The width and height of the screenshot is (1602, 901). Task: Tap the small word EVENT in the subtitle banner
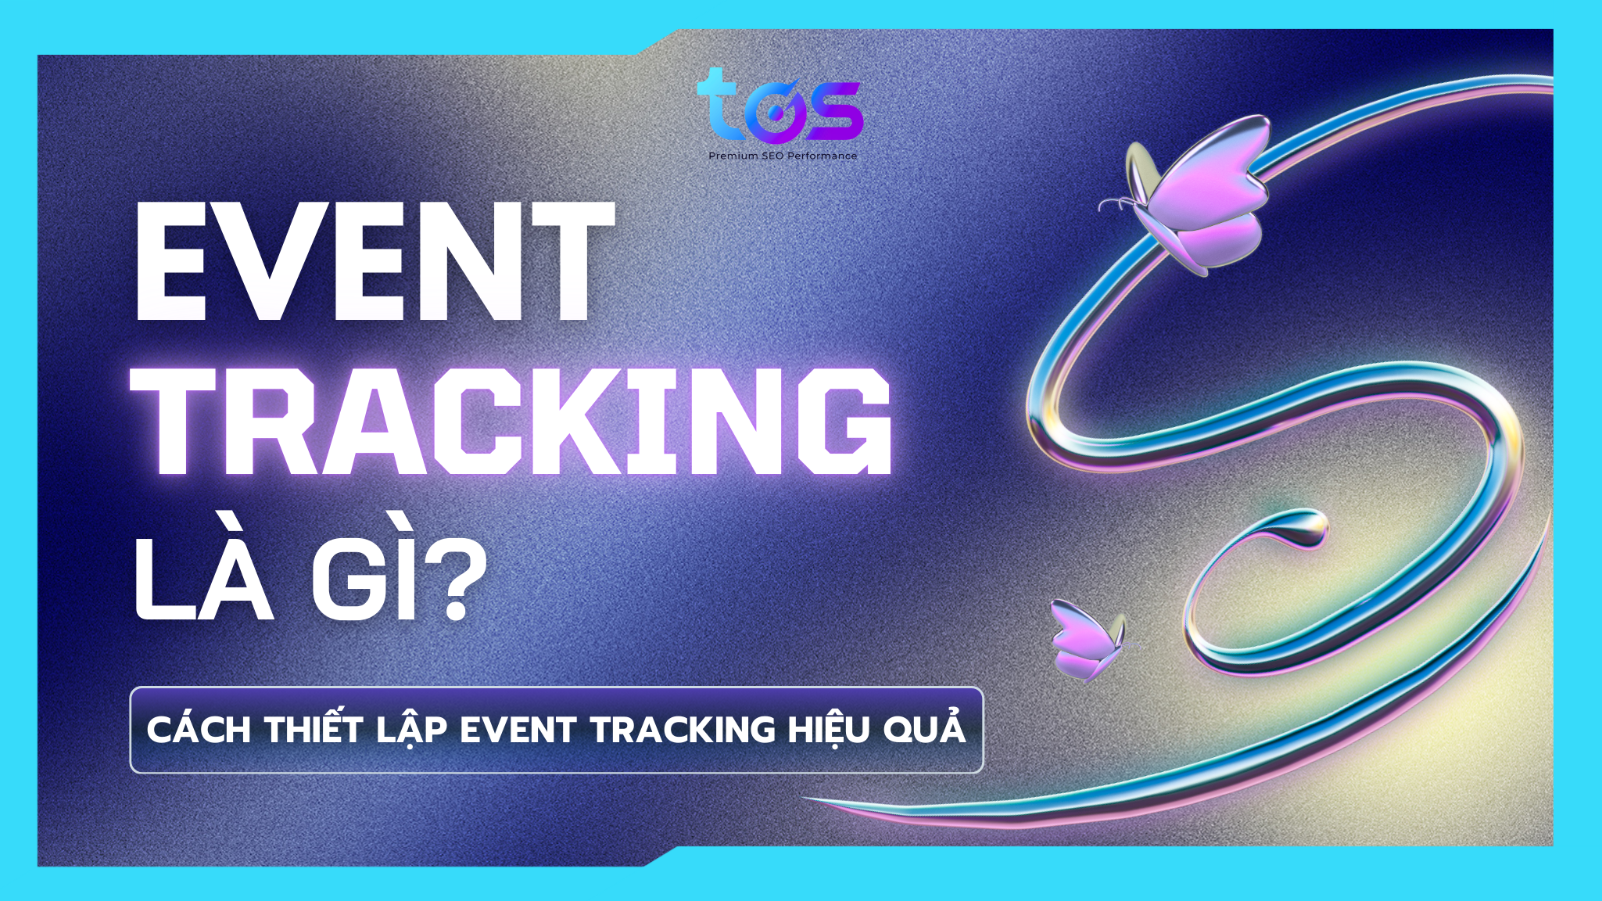[518, 730]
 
